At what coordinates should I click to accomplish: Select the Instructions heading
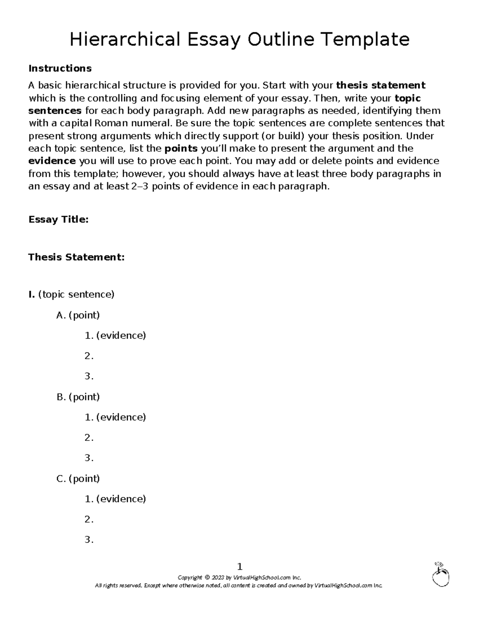pos(60,68)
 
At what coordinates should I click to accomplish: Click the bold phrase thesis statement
pos(381,85)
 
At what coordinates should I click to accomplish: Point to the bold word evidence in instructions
pos(52,161)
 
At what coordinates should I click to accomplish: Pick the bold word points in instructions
pos(181,149)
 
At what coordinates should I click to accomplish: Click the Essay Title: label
pos(58,220)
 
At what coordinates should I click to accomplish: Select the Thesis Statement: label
pos(76,257)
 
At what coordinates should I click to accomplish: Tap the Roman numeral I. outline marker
pos(32,295)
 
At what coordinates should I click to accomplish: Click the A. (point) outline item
pos(78,315)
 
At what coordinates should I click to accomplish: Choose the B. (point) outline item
pos(78,397)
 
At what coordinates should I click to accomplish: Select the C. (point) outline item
pos(78,479)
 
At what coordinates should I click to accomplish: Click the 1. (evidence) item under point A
pos(115,335)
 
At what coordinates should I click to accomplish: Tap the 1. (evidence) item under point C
pos(115,499)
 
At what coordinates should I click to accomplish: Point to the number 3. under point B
pos(89,458)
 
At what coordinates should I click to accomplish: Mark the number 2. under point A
pos(89,356)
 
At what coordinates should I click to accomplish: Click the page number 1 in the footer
pos(239,567)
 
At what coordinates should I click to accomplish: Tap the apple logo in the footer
pos(440,574)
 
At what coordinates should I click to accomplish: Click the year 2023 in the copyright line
pos(218,578)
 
